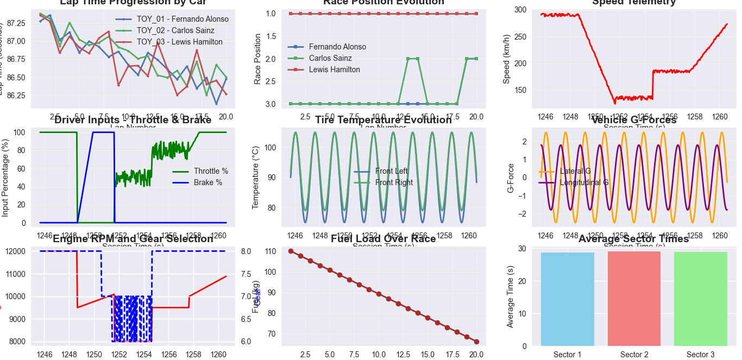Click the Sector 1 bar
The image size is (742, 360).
[568, 299]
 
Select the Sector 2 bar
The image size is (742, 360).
[634, 299]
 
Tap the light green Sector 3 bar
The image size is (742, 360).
[700, 299]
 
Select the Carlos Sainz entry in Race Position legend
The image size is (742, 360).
[330, 58]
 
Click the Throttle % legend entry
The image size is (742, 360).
[211, 171]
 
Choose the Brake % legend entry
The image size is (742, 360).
[207, 182]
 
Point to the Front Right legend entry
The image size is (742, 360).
[394, 182]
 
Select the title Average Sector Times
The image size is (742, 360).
[633, 239]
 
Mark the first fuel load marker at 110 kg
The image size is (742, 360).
[291, 251]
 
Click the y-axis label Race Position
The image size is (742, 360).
[258, 59]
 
